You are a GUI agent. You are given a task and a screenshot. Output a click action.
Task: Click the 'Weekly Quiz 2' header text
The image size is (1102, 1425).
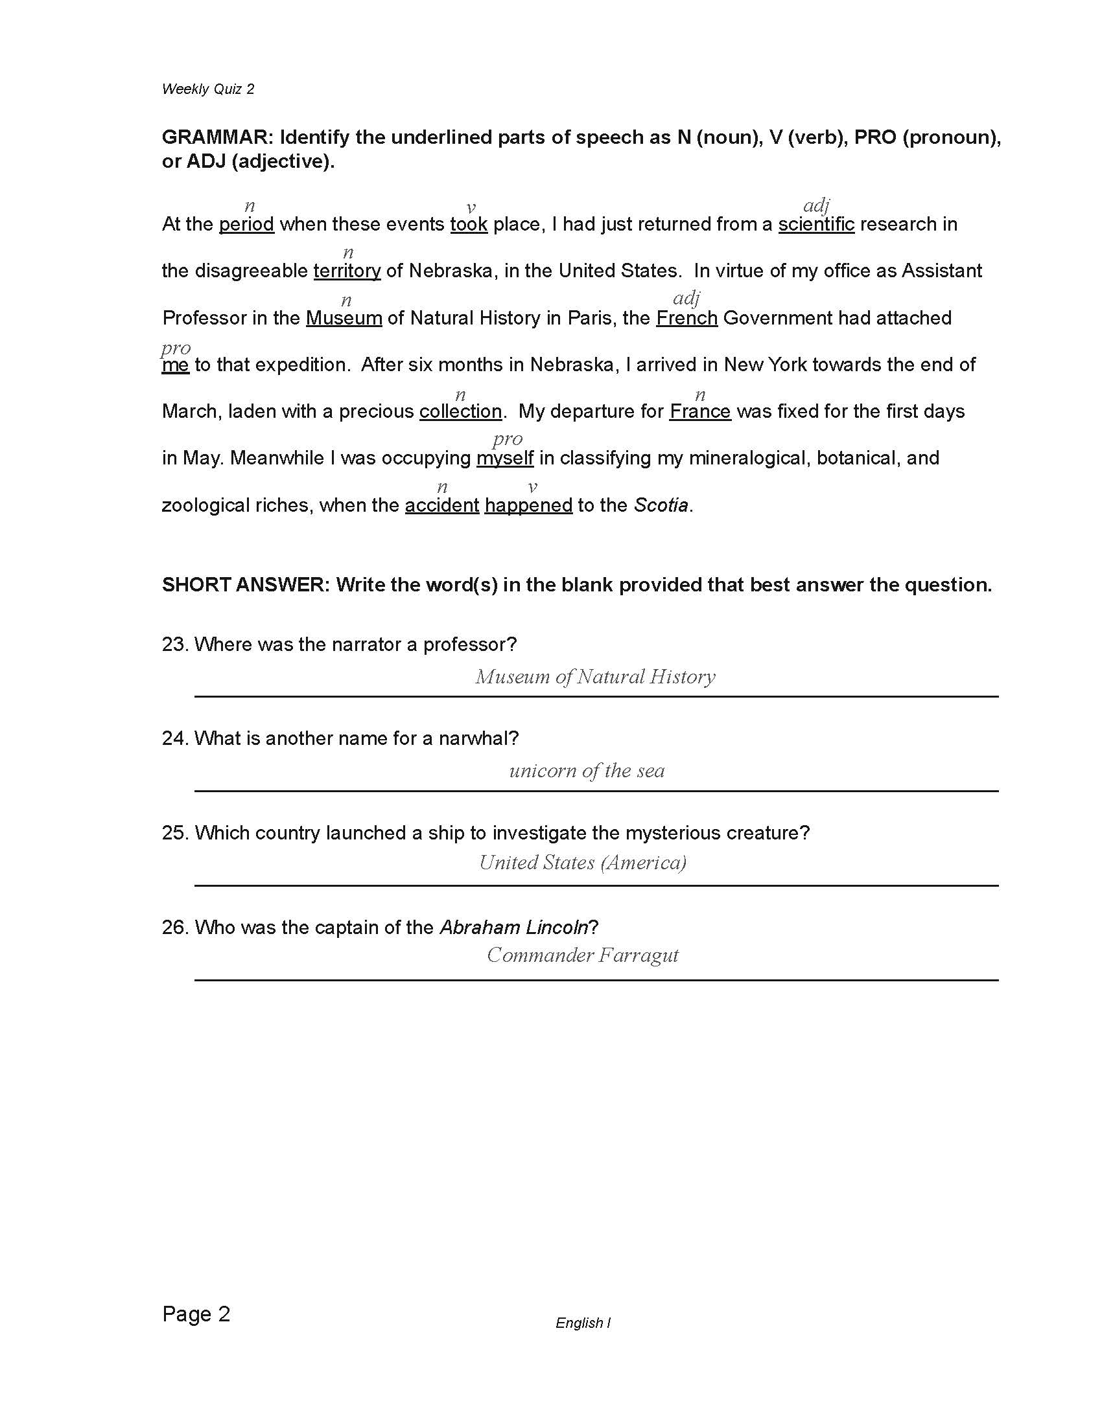click(207, 89)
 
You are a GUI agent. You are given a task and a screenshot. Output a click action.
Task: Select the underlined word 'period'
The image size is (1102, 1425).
click(246, 225)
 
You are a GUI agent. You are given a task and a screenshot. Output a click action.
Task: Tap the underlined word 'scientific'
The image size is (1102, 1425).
click(816, 225)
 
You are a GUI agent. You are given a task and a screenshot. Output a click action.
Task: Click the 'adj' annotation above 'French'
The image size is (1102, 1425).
click(686, 299)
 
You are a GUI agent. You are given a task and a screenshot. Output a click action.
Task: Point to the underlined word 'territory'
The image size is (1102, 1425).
click(347, 271)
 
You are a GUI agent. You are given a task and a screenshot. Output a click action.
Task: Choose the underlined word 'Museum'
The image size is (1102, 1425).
click(344, 319)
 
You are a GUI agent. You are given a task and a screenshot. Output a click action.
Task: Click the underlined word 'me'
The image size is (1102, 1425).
click(175, 365)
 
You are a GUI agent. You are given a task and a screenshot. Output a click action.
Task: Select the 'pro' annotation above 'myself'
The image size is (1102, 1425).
click(508, 439)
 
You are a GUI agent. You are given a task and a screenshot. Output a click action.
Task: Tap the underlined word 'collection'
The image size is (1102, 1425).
click(460, 412)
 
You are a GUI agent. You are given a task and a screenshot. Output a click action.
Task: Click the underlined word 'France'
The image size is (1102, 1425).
click(700, 412)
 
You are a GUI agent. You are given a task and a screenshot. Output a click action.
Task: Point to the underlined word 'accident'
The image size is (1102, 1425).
click(442, 506)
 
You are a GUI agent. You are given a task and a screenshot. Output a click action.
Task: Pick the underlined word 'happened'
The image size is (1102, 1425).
click(528, 506)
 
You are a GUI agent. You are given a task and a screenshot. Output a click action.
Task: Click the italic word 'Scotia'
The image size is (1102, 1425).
click(661, 506)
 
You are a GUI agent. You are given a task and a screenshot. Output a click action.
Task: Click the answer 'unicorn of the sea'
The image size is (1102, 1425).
click(587, 771)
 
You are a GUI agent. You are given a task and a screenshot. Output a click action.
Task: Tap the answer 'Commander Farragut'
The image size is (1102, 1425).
click(582, 956)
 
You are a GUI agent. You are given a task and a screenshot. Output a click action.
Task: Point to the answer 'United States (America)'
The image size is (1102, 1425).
click(582, 863)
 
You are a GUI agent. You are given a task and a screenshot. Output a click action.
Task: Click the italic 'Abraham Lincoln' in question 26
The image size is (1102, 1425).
click(514, 927)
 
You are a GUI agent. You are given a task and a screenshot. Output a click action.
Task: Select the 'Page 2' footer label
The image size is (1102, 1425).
click(196, 1314)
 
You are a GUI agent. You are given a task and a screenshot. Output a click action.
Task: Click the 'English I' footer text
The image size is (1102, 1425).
click(583, 1323)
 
